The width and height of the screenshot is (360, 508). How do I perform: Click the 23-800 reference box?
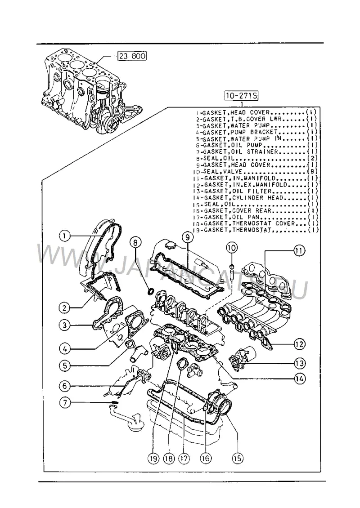point(132,56)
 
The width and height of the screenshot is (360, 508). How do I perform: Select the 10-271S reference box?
point(242,96)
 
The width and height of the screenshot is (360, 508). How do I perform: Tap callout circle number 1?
point(64,236)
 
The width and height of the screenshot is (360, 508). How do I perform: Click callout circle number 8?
point(135,242)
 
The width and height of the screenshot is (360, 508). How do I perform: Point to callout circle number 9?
point(188,237)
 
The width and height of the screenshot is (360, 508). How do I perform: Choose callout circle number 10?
point(232,248)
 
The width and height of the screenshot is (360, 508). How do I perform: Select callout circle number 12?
point(299,344)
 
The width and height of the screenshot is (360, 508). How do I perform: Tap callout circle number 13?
point(299,363)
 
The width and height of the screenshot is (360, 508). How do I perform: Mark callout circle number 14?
point(300,379)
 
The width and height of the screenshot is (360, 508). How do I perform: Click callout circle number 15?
point(237,458)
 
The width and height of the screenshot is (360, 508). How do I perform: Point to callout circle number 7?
point(65,403)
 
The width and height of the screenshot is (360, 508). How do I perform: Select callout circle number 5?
point(65,365)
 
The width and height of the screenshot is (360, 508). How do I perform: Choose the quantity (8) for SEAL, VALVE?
point(312,171)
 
